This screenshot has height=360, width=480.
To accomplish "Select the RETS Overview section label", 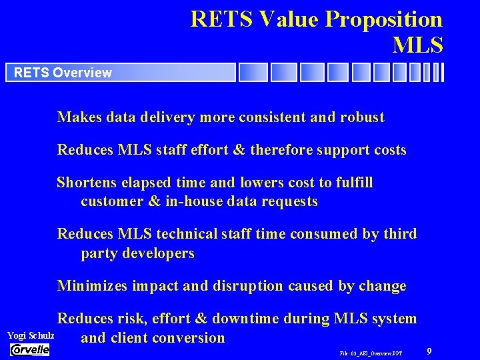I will coord(63,73).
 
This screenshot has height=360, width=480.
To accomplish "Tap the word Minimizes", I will coord(89,286).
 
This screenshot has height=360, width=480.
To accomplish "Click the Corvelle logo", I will coord(30,349).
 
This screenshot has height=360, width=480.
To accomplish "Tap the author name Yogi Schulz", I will coord(31,335).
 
